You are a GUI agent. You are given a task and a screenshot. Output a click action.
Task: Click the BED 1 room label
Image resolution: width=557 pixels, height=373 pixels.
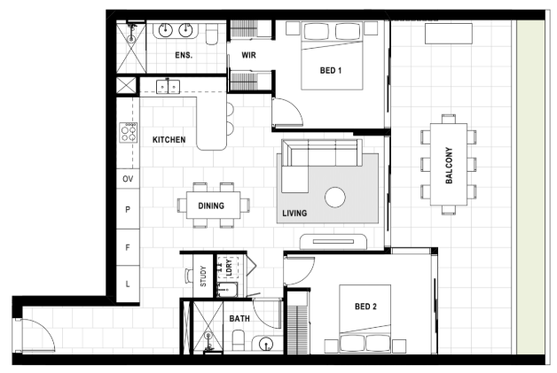[x=330, y=70]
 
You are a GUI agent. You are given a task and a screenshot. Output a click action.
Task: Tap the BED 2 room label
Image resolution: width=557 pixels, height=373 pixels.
[x=365, y=307]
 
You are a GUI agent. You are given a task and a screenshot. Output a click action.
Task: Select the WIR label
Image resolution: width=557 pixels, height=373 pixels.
[x=248, y=55]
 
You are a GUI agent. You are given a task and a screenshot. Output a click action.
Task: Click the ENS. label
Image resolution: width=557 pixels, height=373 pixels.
[x=184, y=55]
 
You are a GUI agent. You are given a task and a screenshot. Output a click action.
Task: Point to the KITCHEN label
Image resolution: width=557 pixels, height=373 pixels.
[x=169, y=139]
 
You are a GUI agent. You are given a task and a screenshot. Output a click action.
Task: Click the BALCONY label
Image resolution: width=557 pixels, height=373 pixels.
[x=449, y=166]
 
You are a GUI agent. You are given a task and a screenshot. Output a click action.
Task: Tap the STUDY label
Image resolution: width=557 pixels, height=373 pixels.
[x=203, y=276]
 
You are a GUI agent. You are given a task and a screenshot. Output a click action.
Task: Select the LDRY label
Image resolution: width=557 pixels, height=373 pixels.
[x=229, y=268]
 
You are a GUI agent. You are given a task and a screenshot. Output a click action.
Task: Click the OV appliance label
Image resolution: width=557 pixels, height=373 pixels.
[x=128, y=179]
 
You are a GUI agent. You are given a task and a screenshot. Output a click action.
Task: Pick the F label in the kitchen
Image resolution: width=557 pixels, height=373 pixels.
[x=128, y=247]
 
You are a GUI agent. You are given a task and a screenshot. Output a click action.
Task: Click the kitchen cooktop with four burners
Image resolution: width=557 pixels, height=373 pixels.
[x=129, y=133]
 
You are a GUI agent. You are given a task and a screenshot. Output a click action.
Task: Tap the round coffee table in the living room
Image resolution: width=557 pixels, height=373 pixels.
[x=335, y=198]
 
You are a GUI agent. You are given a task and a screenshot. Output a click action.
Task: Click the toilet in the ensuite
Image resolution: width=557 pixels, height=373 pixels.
[x=212, y=35]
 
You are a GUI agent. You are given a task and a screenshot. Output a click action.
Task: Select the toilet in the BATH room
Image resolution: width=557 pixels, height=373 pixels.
[x=238, y=341]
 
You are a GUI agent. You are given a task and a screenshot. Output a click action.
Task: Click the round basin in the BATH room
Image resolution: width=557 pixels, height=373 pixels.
[x=266, y=344]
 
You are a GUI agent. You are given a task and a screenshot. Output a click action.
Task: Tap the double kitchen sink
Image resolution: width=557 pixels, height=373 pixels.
[x=168, y=87]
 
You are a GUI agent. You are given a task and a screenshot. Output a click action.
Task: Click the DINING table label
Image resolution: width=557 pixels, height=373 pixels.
[x=211, y=206]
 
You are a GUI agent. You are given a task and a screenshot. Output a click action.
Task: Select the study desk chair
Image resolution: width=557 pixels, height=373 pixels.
[x=188, y=276]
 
